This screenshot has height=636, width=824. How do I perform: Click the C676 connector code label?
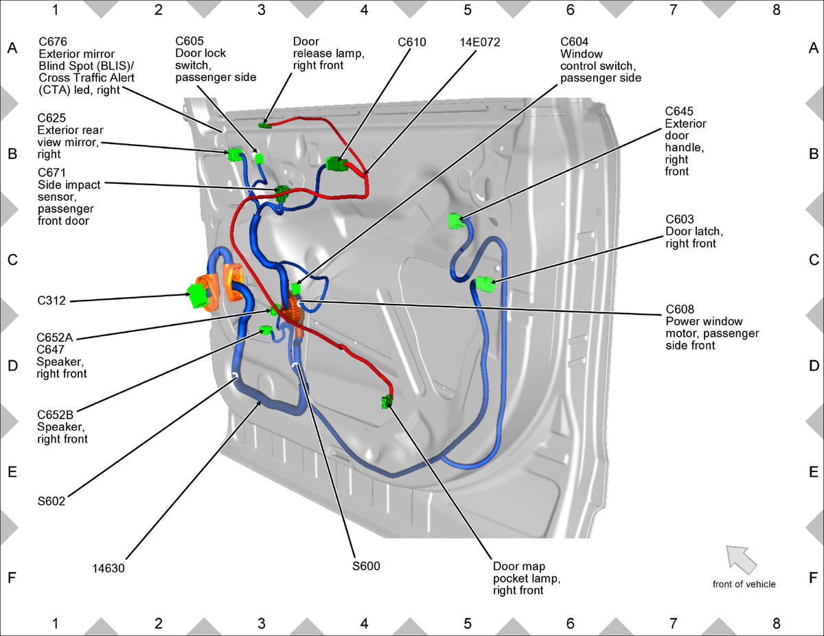coord(53,42)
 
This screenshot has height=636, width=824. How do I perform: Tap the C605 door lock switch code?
coord(190,41)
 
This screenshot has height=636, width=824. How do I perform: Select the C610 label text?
coord(412,42)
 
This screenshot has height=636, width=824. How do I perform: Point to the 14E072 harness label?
coord(480,42)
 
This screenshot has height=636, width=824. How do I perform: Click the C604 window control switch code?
coord(575,42)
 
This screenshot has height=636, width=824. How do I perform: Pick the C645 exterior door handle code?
coord(678,111)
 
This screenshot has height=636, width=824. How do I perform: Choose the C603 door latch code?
coord(680,220)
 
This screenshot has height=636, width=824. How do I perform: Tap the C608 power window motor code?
coord(680,309)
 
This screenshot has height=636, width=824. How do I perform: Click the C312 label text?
coord(51,301)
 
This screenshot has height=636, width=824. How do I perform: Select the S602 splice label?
coord(51,502)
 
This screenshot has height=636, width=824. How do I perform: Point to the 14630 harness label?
coord(108,569)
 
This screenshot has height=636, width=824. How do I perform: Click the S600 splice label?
coord(366,566)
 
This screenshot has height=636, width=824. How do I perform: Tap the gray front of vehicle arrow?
coord(741,559)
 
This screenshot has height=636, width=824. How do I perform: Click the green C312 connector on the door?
coord(198,296)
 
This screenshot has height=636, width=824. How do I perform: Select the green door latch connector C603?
coord(485,285)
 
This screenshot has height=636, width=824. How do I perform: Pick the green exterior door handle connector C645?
coord(456,221)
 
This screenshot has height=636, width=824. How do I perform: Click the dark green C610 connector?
coord(336,164)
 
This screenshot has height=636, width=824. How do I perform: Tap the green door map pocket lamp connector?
coord(387,401)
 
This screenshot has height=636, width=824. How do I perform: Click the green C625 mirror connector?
coord(234,154)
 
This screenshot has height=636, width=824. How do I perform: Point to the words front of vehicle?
coord(744,584)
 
